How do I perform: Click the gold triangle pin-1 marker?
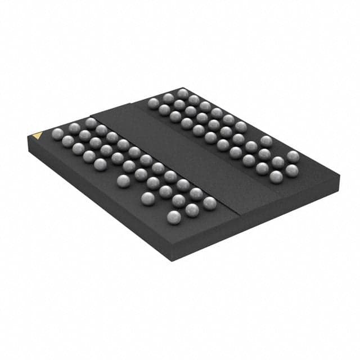(x=37, y=135)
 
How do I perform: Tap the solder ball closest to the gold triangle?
(x=57, y=133)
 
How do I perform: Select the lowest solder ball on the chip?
(x=174, y=217)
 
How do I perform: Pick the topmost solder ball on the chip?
(x=183, y=93)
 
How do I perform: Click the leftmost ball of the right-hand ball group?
(x=154, y=102)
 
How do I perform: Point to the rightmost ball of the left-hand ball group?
(x=209, y=203)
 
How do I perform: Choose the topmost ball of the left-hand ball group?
(x=91, y=123)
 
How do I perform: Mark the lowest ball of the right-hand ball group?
(x=276, y=177)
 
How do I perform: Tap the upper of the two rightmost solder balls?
(x=292, y=156)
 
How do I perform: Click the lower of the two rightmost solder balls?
(x=291, y=170)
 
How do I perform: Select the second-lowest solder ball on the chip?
(x=191, y=210)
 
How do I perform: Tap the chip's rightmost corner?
(x=340, y=175)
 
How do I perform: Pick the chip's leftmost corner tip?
(x=26, y=138)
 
